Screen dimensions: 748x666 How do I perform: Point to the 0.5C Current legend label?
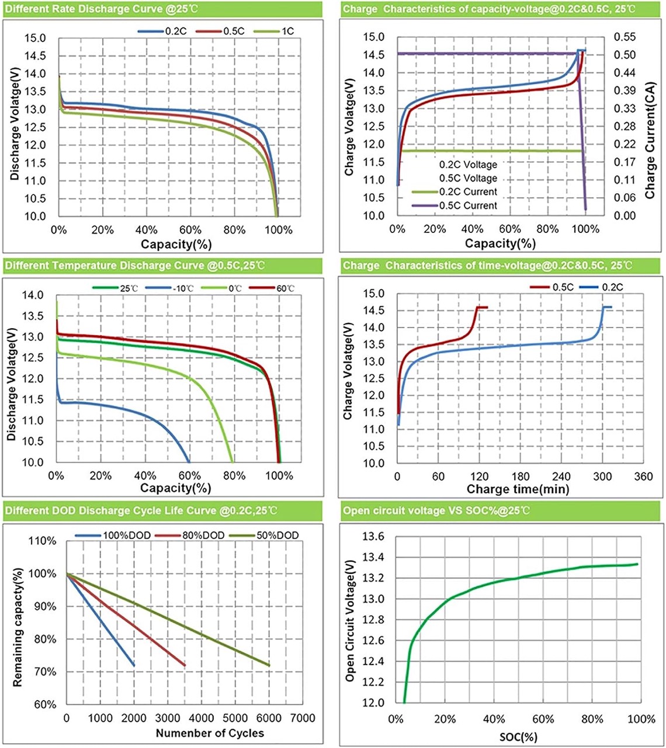click(x=468, y=206)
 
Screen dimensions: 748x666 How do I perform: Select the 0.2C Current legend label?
click(x=468, y=192)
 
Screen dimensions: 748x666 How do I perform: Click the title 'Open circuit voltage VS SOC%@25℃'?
click(x=437, y=511)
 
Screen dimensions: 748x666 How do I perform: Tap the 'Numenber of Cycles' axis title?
click(x=210, y=733)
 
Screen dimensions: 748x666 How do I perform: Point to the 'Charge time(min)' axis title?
click(x=518, y=489)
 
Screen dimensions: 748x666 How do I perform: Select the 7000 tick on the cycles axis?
click(x=304, y=718)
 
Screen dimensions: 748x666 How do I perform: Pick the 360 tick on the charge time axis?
click(x=643, y=476)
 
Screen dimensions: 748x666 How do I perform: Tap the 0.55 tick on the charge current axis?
click(x=625, y=37)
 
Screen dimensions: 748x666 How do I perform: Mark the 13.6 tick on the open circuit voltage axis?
click(x=373, y=537)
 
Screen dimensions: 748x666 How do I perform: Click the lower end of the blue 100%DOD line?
click(x=134, y=665)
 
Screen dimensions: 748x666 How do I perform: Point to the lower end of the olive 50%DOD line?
click(x=269, y=665)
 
